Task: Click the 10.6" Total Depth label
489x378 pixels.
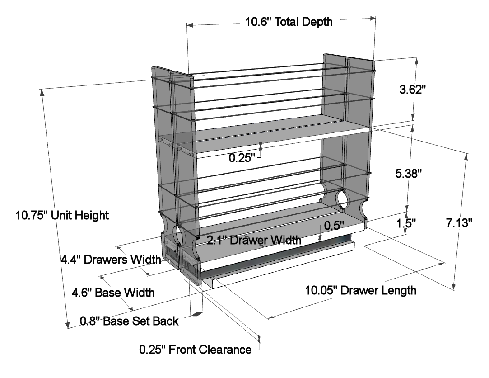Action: point(289,22)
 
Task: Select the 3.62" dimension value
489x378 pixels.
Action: point(413,90)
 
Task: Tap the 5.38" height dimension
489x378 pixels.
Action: point(409,173)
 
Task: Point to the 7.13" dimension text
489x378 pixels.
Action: point(459,223)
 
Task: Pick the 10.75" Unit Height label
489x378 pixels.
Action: point(62,215)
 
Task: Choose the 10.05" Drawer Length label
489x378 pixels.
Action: point(360,290)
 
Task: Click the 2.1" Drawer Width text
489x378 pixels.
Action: point(254,240)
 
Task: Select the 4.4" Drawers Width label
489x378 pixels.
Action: point(111,259)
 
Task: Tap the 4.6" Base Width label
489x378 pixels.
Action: point(113,293)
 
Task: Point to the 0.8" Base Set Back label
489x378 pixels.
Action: point(129,321)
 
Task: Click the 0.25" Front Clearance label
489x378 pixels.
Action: point(195,349)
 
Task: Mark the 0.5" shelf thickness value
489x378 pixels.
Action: point(334,225)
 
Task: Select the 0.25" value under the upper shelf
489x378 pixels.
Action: point(242,158)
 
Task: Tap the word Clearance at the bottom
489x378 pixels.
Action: point(225,349)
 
